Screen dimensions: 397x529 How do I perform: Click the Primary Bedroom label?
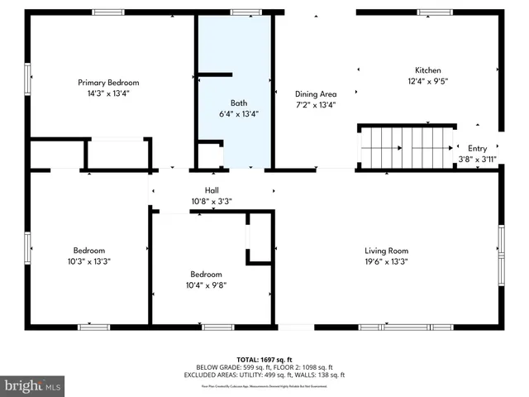pos(108,83)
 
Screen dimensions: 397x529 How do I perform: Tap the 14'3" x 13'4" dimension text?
pos(108,93)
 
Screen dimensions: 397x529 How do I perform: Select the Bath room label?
pos(239,103)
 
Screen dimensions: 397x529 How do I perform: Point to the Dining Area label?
pos(316,94)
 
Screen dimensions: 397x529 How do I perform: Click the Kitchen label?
pos(428,70)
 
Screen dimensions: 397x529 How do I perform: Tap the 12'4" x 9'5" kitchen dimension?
pos(428,81)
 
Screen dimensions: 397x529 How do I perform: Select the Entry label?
pos(477,148)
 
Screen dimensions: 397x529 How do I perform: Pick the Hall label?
pos(212,190)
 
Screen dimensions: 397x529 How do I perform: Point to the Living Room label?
pos(387,251)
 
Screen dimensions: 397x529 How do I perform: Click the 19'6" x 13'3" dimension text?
pos(387,261)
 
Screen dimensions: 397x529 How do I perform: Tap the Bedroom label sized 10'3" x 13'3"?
pos(89,251)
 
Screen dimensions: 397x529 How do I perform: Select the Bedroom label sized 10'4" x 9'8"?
pos(206,275)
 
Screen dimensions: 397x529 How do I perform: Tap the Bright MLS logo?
pos(33,385)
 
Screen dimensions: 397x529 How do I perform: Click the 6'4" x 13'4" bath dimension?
pos(239,114)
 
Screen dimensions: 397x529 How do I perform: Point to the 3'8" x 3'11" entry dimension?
pos(477,159)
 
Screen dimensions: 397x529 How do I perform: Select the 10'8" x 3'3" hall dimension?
pos(212,201)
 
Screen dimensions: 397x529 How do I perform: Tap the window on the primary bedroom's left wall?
pos(27,79)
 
